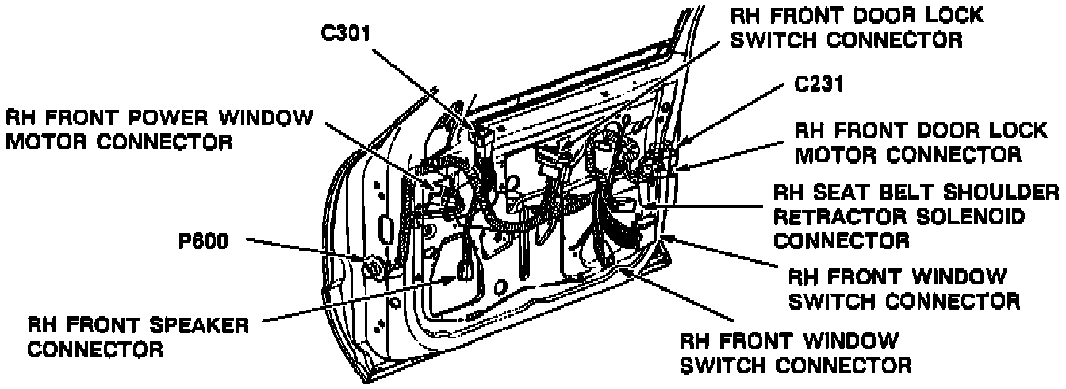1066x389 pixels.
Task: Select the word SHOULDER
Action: [999, 194]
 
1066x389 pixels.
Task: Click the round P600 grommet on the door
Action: [372, 268]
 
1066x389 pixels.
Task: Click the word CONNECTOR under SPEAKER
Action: [94, 349]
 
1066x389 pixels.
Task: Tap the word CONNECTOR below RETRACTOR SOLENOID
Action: [842, 240]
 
